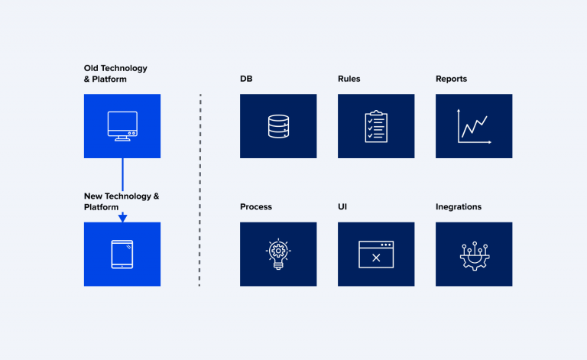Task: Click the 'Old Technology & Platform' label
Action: click(x=115, y=73)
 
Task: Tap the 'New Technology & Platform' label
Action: click(x=121, y=202)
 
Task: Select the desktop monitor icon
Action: click(x=122, y=126)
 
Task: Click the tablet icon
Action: click(x=122, y=255)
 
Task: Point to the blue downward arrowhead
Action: click(x=122, y=218)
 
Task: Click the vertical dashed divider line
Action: click(x=199, y=191)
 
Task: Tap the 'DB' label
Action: click(x=246, y=79)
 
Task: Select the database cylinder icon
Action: click(x=278, y=126)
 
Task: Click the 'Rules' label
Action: click(x=349, y=79)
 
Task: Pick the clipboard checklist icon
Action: click(x=376, y=126)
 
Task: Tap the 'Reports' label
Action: click(x=451, y=79)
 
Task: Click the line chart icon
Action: click(x=474, y=126)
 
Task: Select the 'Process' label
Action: click(x=255, y=207)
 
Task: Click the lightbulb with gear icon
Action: click(x=278, y=253)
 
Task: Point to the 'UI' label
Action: click(x=342, y=207)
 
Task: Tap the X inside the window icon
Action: click(x=376, y=258)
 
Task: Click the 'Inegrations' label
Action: click(x=459, y=207)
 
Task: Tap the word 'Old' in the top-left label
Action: click(x=92, y=68)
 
